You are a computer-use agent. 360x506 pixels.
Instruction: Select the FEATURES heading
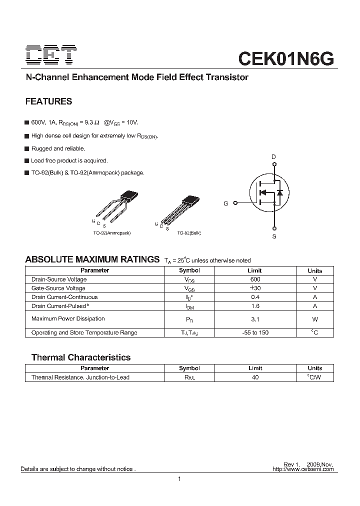pyautogui.click(x=48, y=101)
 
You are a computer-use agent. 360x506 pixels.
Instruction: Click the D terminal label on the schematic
pyautogui.click(x=273, y=157)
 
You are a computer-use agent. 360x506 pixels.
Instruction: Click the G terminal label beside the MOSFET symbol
pyautogui.click(x=226, y=203)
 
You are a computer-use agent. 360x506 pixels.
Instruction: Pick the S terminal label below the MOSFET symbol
pyautogui.click(x=274, y=236)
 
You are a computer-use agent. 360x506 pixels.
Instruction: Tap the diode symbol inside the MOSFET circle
pyautogui.click(x=280, y=192)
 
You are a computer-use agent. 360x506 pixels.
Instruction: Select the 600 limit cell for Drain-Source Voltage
pyautogui.click(x=255, y=279)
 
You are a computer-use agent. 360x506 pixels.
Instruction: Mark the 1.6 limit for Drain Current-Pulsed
pyautogui.click(x=255, y=306)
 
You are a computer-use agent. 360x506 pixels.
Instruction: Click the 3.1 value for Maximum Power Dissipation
pyautogui.click(x=255, y=319)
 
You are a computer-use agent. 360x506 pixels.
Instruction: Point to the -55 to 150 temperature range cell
pyautogui.click(x=255, y=332)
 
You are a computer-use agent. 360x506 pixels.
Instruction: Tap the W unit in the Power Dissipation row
pyautogui.click(x=315, y=319)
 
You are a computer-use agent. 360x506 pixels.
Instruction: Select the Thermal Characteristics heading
pyautogui.click(x=81, y=357)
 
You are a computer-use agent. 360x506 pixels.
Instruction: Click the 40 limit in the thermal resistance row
pyautogui.click(x=255, y=377)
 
